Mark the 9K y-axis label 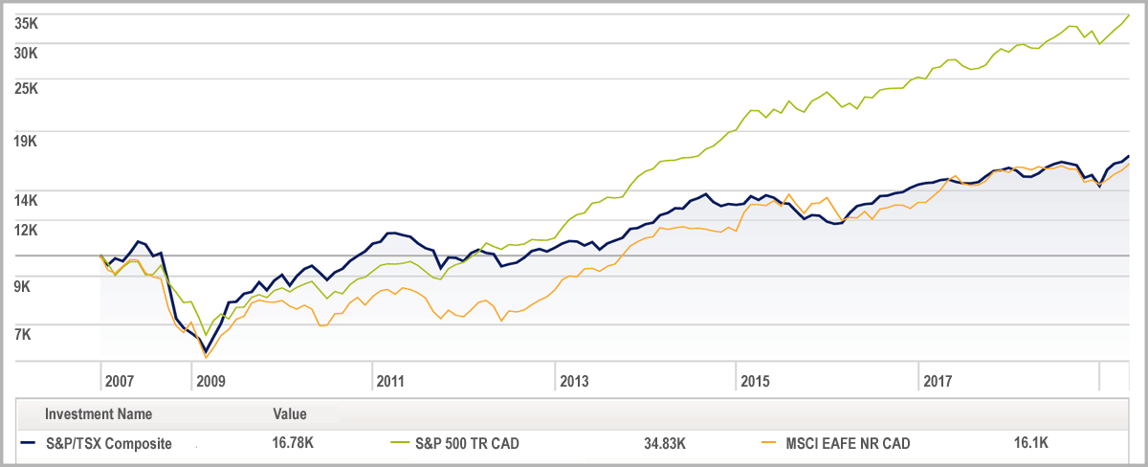(x=22, y=285)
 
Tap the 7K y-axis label (x=22, y=334)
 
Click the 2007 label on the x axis (x=120, y=381)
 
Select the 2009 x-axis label (x=210, y=381)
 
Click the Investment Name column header (x=98, y=414)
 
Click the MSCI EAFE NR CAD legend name (x=848, y=443)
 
